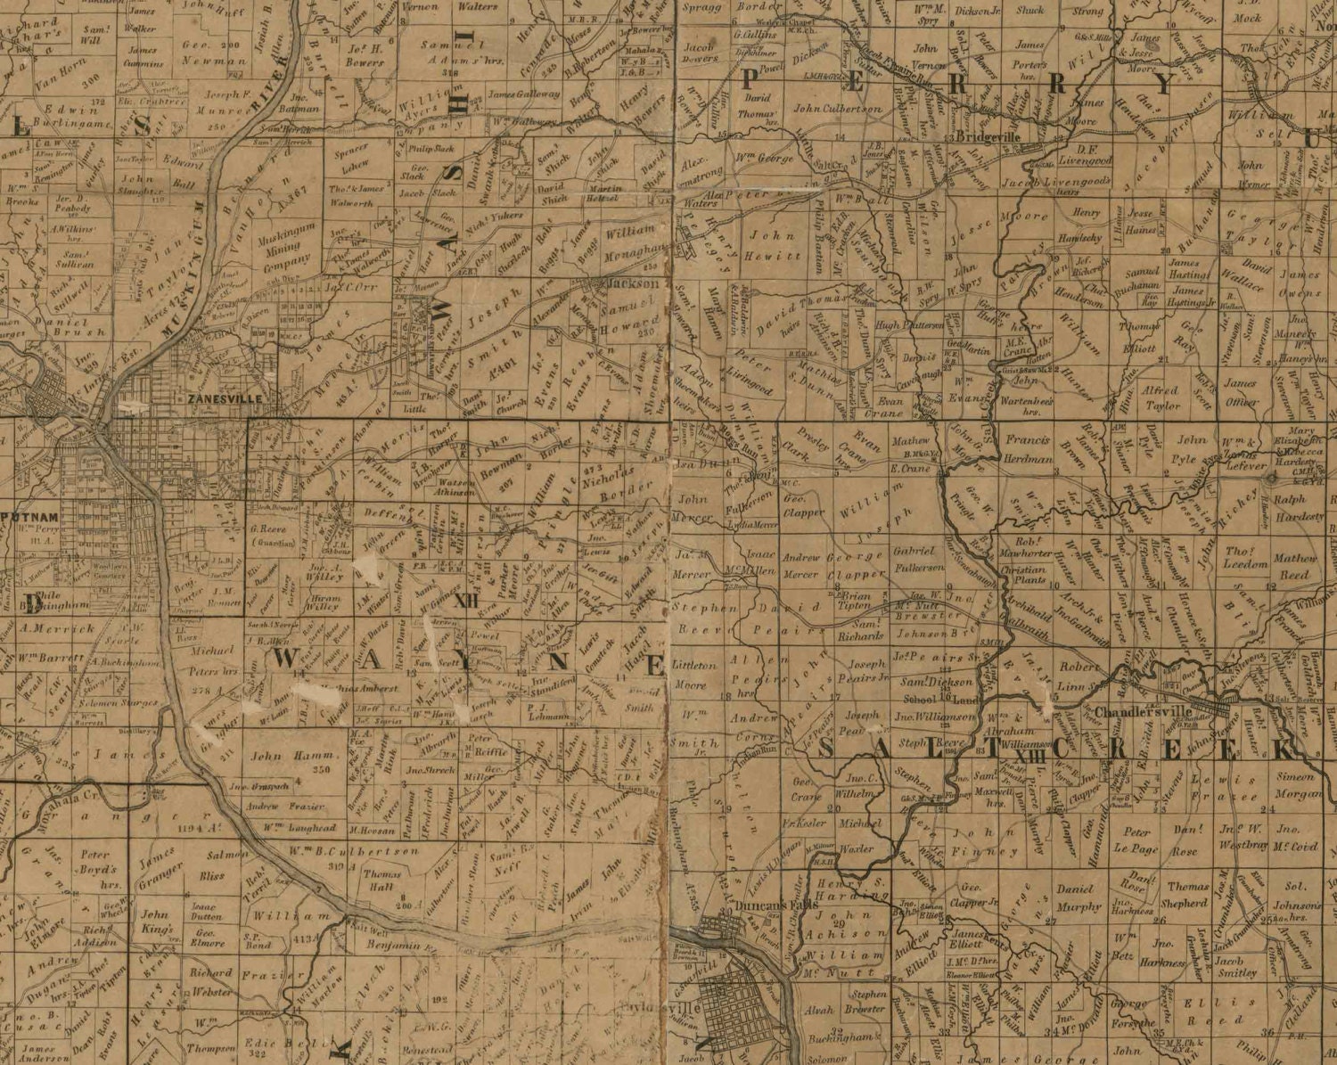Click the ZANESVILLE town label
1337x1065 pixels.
[x=225, y=399]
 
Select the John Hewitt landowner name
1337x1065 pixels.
[x=775, y=246]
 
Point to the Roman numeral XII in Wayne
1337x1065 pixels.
[x=466, y=602]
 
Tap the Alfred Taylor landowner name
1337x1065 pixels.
[x=1161, y=397]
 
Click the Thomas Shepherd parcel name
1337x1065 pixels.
[x=1186, y=895]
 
